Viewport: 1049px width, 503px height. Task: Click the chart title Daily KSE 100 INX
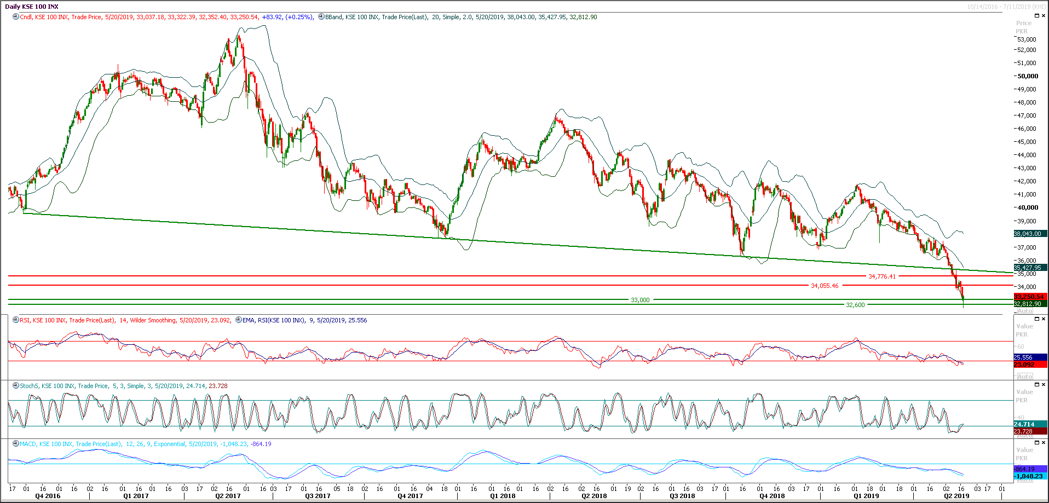[32, 7]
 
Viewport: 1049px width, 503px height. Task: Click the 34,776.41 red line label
[881, 276]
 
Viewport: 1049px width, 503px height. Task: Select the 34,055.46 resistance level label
[824, 286]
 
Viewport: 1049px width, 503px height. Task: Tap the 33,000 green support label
[640, 300]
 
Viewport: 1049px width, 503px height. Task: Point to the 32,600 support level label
[855, 305]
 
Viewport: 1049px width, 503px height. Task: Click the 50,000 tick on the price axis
[1027, 76]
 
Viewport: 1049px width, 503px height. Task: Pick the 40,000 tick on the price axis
[1027, 207]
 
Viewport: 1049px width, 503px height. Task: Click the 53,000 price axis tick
[1027, 39]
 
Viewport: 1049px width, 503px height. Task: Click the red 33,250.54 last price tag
[1029, 297]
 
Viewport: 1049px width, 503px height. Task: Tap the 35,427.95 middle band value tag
[1028, 268]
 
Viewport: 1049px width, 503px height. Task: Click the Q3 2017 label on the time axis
[318, 496]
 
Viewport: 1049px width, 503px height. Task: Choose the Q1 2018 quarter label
[502, 496]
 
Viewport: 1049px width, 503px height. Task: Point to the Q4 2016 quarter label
[48, 496]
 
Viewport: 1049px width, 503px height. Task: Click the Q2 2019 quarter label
[956, 496]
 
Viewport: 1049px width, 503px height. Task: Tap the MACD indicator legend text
[145, 444]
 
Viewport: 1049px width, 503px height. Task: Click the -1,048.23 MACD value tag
[1029, 476]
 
